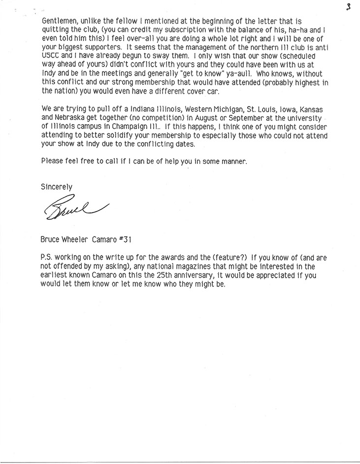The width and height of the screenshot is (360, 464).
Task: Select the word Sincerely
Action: click(x=57, y=187)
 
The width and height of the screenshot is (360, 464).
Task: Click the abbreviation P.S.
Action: click(x=48, y=257)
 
